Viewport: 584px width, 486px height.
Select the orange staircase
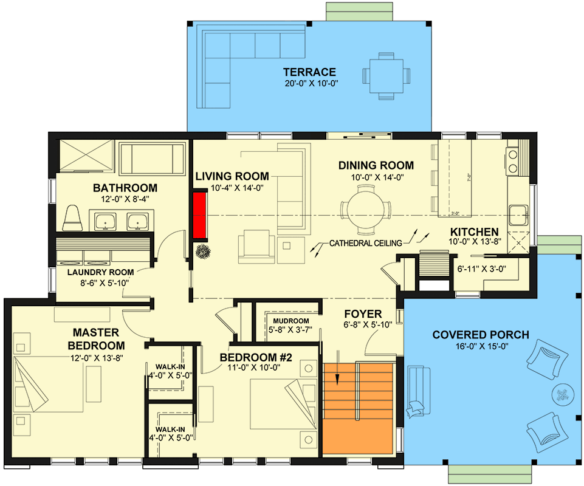click(x=359, y=407)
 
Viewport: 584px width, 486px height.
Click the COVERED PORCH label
click(x=480, y=335)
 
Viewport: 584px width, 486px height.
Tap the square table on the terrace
click(x=386, y=75)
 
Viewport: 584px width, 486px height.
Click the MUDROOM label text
click(x=290, y=321)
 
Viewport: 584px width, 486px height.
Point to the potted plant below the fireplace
click(x=202, y=250)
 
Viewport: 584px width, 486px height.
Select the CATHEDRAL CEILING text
click(x=365, y=243)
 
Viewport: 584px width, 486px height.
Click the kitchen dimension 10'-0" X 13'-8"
click(x=474, y=243)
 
